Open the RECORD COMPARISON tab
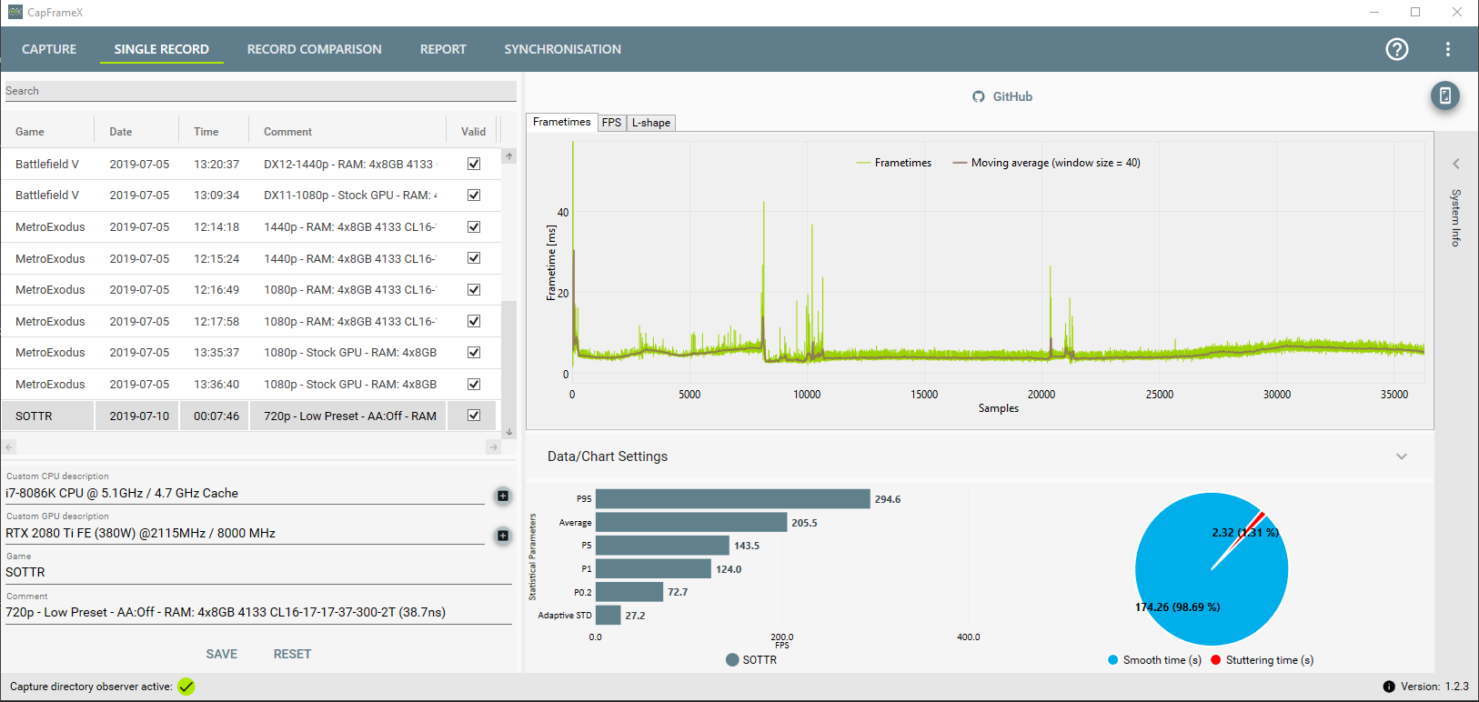314,49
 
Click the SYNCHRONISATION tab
562,49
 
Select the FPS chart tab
611,123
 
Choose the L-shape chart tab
651,123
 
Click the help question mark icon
1396,49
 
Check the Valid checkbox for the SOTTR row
474,416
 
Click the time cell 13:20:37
216,165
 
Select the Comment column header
287,132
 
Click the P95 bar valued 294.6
732,499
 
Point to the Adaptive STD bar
608,616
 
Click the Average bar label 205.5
804,523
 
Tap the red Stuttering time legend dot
1215,660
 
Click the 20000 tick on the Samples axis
1041,395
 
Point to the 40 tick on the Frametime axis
563,213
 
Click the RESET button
292,654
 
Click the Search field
260,91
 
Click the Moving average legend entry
1046,163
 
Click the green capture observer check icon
186,687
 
